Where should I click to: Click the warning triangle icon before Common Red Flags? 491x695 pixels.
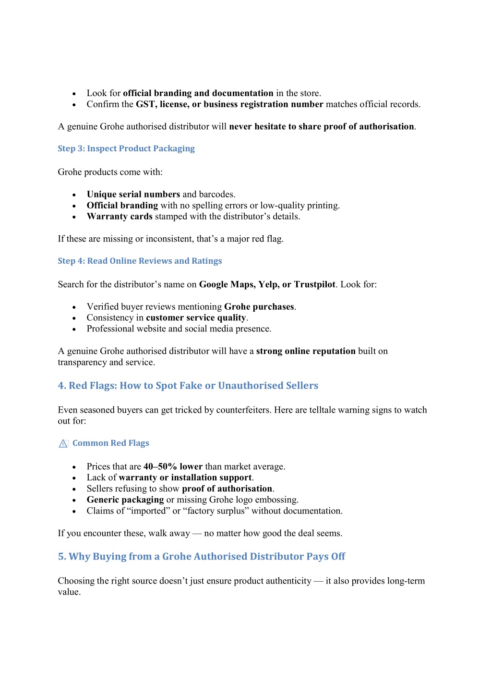63,443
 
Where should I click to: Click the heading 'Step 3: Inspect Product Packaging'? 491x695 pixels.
126,148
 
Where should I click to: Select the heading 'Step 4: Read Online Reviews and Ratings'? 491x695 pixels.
140,261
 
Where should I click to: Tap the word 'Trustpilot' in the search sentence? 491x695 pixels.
314,284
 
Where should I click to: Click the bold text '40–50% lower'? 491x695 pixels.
173,466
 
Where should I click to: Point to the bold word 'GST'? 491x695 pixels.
145,104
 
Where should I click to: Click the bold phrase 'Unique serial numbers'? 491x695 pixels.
133,194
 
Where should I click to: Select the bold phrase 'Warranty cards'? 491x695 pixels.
120,216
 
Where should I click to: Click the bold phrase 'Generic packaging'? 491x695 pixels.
125,500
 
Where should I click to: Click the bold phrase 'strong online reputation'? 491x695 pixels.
306,351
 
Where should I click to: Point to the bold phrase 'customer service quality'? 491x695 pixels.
196,317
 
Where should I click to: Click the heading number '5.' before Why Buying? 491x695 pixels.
62,556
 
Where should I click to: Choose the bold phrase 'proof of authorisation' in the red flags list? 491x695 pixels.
227,488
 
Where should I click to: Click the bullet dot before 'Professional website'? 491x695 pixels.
74,329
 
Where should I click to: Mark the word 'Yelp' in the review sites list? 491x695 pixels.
268,284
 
